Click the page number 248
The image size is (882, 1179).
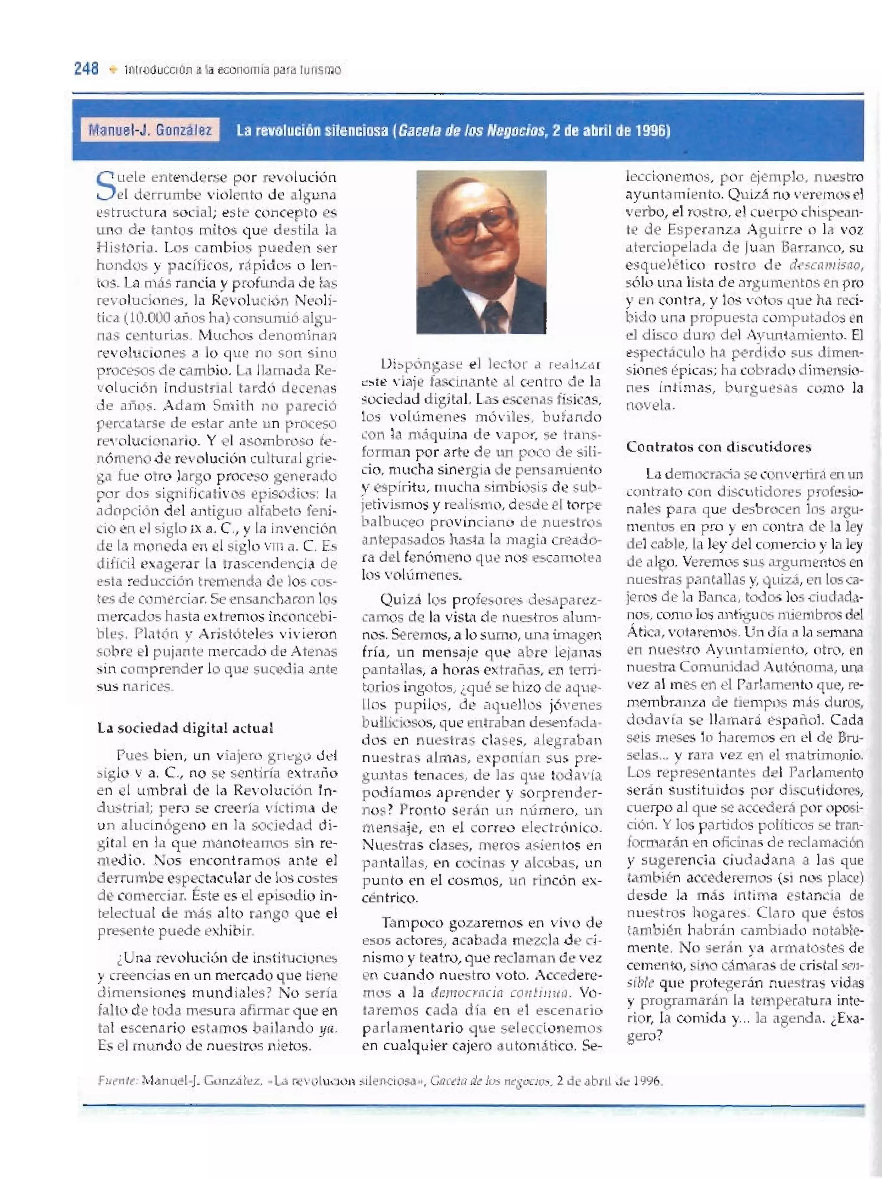tap(86, 69)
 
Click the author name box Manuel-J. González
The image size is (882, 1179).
tap(150, 130)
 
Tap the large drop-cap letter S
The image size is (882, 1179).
tap(105, 186)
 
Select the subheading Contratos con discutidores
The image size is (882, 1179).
tap(718, 447)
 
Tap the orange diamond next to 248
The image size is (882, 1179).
tap(112, 70)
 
